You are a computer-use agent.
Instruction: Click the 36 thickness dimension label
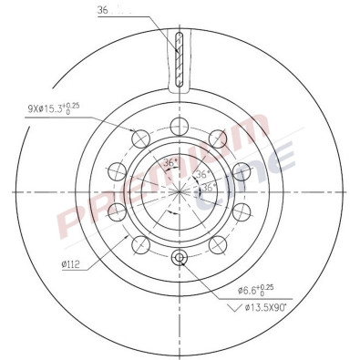101,10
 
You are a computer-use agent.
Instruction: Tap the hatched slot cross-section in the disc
180,60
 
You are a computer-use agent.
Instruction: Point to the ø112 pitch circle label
74,266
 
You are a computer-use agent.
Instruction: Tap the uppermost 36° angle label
168,163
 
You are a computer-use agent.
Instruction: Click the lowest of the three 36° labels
210,188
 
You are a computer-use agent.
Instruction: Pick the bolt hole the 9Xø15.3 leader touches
140,138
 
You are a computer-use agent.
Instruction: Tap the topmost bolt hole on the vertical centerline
180,125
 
